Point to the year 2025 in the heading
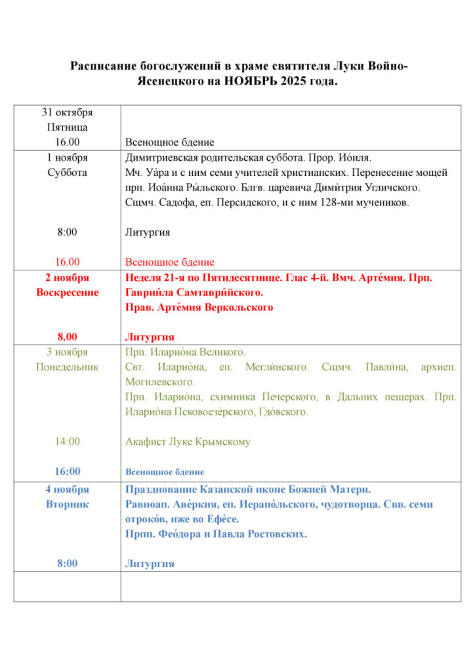[294, 81]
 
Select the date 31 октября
[67, 112]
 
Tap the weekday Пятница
[67, 127]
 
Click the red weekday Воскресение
[67, 292]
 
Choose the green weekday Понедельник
[67, 367]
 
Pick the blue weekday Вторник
[67, 504]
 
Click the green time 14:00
[67, 442]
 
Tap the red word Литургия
[150, 337]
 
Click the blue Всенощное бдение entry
[165, 472]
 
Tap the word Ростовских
[276, 534]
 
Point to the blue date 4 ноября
[67, 489]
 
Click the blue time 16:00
[67, 471]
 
